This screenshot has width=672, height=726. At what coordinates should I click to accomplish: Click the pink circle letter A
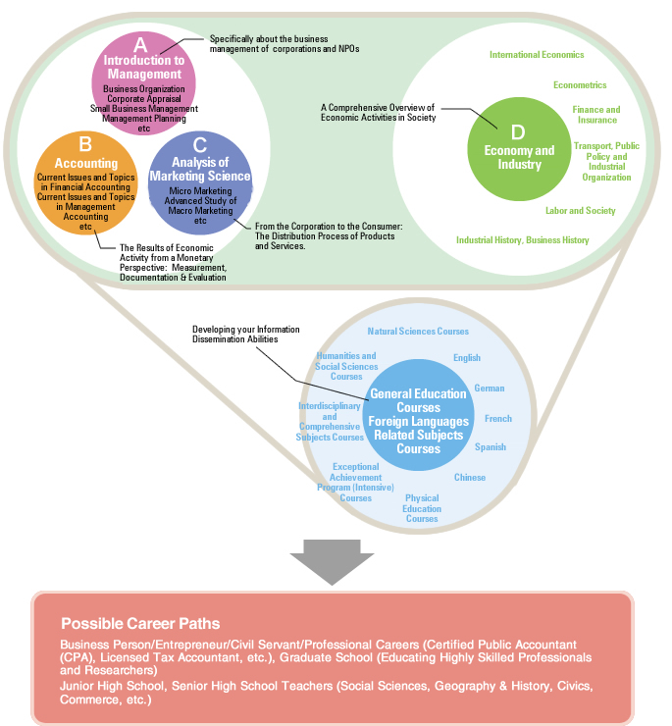point(140,44)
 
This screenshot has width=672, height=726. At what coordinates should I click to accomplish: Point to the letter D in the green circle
point(519,130)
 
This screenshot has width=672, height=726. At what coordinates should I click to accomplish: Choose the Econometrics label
point(580,85)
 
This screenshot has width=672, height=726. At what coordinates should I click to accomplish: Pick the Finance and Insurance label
point(596,115)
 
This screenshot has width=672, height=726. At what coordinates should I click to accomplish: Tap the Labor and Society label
point(581,210)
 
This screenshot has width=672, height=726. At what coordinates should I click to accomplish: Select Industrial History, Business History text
point(522,239)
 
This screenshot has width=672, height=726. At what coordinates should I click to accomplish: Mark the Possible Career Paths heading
point(140,623)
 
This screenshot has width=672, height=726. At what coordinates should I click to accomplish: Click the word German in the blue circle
point(490,389)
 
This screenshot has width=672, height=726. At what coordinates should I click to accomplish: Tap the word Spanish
point(491,447)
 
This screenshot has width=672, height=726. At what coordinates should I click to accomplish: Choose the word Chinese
point(470,478)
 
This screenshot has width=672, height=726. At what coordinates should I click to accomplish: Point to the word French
point(498,419)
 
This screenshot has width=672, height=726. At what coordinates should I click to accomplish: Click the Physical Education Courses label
point(422,508)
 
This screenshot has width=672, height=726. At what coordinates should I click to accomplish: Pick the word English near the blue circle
point(467,358)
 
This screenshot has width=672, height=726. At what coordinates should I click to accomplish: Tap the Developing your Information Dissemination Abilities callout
point(246,334)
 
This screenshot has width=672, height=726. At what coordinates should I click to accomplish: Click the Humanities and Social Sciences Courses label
point(346,366)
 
